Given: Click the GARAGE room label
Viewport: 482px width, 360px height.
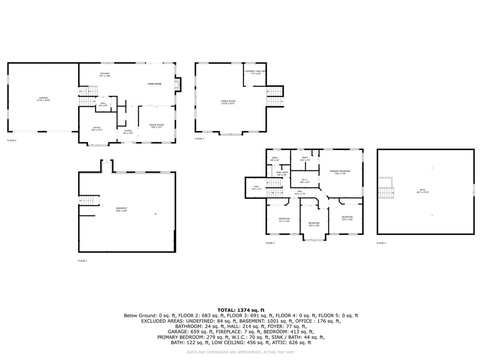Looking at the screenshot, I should click(43, 99).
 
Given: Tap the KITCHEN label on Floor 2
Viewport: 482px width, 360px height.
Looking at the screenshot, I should click(105, 74).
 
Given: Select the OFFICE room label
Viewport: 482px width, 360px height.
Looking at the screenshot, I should click(97, 128).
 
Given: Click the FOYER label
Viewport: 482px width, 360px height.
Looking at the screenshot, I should click(128, 132).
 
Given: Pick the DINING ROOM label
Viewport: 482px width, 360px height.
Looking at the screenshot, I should click(156, 126).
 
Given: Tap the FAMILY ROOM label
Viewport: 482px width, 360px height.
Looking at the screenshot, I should click(228, 102).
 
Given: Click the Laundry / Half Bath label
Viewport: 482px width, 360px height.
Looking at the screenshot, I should click(256, 72).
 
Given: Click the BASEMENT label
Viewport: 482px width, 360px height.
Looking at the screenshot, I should click(121, 209).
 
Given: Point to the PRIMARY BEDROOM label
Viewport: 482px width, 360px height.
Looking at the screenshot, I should click(340, 172).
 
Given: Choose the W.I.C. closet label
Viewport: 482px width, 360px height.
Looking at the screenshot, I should click(304, 181).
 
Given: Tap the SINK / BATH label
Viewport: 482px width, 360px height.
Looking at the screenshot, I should click(282, 173).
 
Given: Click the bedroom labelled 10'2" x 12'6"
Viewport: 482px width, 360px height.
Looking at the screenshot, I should click(314, 224).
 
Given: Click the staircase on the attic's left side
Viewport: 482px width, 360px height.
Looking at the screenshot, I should click(386, 191).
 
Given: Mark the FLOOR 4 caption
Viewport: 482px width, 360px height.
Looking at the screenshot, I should click(270, 243).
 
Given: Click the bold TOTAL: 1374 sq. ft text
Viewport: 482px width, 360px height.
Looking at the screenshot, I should click(241, 310).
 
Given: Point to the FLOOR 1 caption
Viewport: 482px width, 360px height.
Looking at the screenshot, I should click(83, 261).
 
